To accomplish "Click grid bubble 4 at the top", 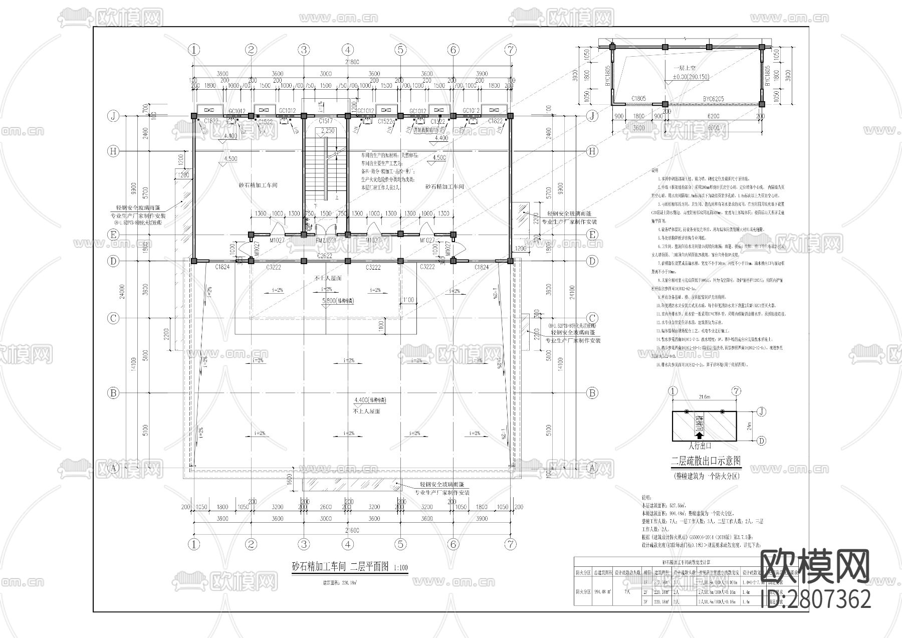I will pyautogui.click(x=348, y=50).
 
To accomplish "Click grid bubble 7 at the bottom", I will pyautogui.click(x=510, y=544).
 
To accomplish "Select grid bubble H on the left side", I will pyautogui.click(x=113, y=151).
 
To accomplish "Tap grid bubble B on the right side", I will pyautogui.click(x=592, y=393).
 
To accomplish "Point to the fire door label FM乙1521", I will pyautogui.click(x=326, y=241).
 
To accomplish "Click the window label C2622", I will pyautogui.click(x=325, y=256).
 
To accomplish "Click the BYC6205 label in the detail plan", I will pyautogui.click(x=713, y=99).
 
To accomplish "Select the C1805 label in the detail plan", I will pyautogui.click(x=638, y=99).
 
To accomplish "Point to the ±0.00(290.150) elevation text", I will pyautogui.click(x=691, y=78).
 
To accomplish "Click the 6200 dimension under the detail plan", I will pyautogui.click(x=713, y=116).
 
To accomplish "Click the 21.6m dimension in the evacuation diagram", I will pyautogui.click(x=704, y=397).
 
